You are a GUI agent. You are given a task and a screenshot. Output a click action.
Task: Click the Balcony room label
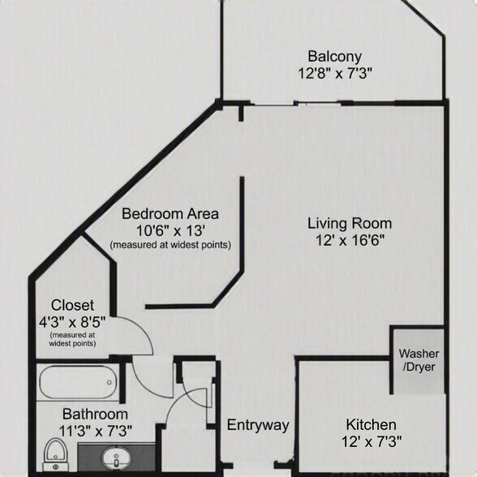tap(334, 57)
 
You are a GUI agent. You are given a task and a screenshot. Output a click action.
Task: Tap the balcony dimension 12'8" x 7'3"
tap(335, 73)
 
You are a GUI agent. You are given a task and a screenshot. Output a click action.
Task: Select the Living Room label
tap(350, 224)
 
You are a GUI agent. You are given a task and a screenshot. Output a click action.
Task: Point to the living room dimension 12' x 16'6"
tap(350, 241)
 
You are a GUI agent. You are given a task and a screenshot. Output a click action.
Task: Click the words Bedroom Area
tap(170, 214)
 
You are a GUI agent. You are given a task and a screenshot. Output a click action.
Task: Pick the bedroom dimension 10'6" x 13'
tap(170, 231)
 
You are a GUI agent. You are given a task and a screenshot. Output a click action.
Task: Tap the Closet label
tap(72, 305)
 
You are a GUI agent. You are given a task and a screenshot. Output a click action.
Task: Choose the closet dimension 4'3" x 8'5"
tap(72, 322)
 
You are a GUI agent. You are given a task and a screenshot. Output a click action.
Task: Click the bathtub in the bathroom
tap(78, 382)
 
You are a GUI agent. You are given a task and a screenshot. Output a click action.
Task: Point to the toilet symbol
tap(56, 454)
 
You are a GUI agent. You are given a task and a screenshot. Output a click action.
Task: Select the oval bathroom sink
tap(117, 458)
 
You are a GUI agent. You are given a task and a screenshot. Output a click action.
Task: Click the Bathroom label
tap(95, 415)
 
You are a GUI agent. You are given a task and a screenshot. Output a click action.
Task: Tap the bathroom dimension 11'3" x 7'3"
tap(96, 431)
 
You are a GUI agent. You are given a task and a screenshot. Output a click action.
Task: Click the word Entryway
tap(258, 425)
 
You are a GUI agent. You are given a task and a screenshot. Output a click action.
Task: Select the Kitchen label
tap(372, 425)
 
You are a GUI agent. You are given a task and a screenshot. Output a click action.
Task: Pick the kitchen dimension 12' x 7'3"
tap(372, 441)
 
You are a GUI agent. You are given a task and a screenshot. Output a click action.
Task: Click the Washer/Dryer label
tap(419, 360)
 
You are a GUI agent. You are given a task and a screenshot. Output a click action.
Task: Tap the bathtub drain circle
tap(110, 382)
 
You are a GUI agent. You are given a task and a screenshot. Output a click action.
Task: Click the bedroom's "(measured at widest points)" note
tap(170, 245)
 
